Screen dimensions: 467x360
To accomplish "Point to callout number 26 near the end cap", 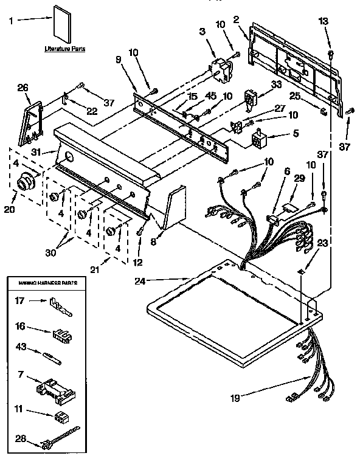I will [23, 88].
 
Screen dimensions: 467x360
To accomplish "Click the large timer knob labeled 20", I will [28, 181].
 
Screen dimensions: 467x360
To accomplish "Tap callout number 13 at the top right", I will [323, 21].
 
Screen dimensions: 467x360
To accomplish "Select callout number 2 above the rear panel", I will [236, 19].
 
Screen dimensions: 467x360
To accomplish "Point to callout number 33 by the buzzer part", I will [277, 85].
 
